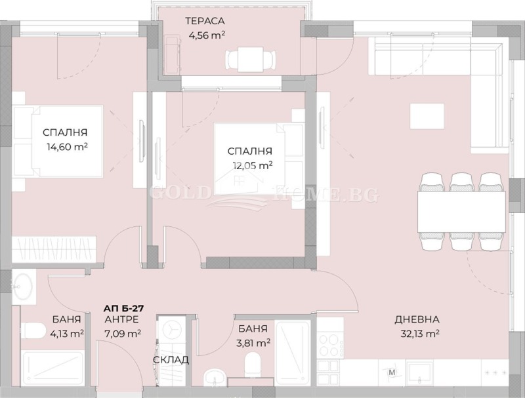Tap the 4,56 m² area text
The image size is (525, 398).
tap(206, 35)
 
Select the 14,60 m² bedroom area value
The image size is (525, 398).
tap(65, 147)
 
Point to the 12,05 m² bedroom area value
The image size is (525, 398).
tap(252, 166)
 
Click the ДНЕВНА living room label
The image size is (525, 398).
tap(417, 320)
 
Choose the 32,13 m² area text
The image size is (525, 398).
tap(417, 334)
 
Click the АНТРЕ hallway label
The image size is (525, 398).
tap(121, 320)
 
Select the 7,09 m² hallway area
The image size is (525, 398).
tap(122, 334)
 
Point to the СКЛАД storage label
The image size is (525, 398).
tap(171, 360)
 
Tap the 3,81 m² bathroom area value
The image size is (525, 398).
tap(253, 342)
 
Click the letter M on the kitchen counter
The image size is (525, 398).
tap(392, 373)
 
